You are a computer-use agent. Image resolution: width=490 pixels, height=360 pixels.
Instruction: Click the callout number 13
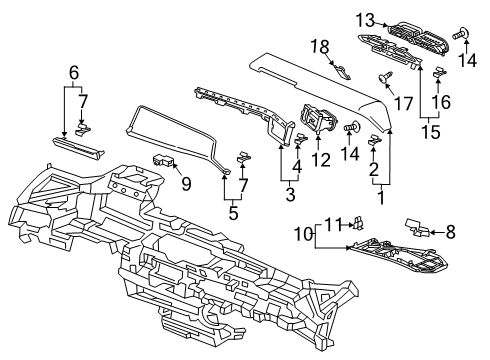[x=365, y=21]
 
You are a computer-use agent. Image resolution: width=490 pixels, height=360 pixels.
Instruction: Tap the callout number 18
[x=320, y=47]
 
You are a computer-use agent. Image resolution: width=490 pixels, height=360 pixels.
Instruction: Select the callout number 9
[x=186, y=183]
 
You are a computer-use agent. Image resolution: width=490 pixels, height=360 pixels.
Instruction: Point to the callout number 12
[x=321, y=160]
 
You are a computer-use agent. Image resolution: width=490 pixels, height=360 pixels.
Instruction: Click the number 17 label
[x=404, y=103]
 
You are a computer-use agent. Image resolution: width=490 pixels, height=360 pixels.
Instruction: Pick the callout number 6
[x=74, y=72]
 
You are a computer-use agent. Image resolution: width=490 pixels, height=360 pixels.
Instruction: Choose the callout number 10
[x=303, y=234]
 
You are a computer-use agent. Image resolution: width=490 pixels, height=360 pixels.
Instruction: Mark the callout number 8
[x=450, y=232]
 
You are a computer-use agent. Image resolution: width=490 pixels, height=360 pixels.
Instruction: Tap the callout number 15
[x=431, y=132]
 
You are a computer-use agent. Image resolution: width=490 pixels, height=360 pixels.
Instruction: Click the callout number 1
[x=381, y=197]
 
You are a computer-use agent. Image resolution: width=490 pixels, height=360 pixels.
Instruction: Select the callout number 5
[x=233, y=213]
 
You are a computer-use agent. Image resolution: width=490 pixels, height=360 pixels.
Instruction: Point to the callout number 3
[x=290, y=194]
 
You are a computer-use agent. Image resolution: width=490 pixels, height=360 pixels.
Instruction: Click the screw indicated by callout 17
[x=386, y=77]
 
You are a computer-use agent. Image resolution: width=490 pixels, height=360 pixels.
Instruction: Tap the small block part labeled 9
[x=164, y=161]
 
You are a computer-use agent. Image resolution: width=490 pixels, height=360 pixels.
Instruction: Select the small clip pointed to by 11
[x=358, y=223]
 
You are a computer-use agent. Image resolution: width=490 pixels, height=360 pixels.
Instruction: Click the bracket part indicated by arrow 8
[x=417, y=227]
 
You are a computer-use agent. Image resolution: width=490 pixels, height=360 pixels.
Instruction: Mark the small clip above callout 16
[x=439, y=72]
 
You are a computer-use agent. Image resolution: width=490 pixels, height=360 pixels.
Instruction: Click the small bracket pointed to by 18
[x=342, y=72]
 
